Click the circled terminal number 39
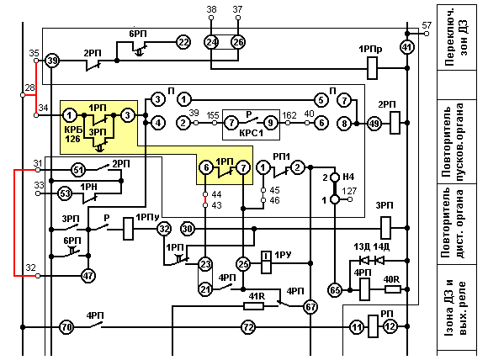52,61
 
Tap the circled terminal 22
183,42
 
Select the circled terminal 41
406,47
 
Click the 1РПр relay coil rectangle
372,68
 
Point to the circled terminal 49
374,124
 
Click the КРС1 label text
252,133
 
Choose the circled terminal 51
77,170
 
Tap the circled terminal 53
65,193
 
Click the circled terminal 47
88,276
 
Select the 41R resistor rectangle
253,306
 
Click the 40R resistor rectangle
392,289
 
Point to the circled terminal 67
310,307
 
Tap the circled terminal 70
66,327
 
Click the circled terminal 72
248,327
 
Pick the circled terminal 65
335,290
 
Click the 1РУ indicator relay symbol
266,262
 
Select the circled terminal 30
187,229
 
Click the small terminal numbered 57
427,34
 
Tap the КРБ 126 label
73,135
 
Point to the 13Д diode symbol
363,260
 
